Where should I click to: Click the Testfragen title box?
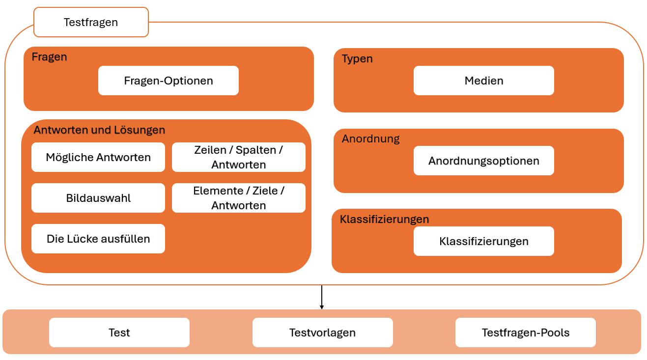click(x=91, y=22)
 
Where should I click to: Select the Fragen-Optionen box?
click(x=169, y=81)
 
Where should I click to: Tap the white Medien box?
click(x=484, y=81)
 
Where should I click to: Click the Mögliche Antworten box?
click(x=98, y=157)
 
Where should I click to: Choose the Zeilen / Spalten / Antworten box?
click(x=239, y=157)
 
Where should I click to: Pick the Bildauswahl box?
click(x=98, y=198)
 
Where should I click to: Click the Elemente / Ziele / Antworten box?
click(x=239, y=198)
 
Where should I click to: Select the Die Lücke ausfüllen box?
click(x=98, y=239)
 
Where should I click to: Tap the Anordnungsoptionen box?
click(x=484, y=161)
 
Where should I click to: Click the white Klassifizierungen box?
click(x=484, y=241)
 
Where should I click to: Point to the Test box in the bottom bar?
click(x=119, y=332)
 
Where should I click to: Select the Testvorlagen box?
click(x=323, y=332)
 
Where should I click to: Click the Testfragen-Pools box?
click(x=526, y=332)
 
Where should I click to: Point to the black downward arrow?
click(x=322, y=297)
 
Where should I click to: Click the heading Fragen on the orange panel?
click(x=50, y=57)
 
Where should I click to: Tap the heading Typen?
click(x=357, y=58)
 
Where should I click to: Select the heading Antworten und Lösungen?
click(x=99, y=130)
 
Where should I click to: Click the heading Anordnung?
click(x=370, y=139)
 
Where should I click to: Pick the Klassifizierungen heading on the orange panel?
click(x=384, y=220)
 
